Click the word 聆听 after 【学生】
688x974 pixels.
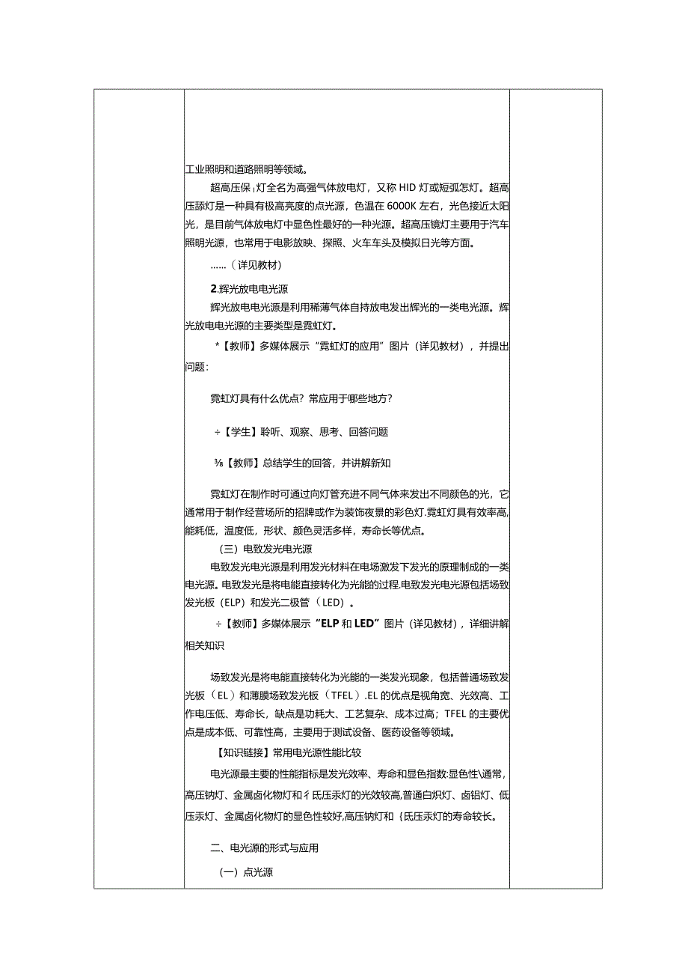point(271,432)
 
